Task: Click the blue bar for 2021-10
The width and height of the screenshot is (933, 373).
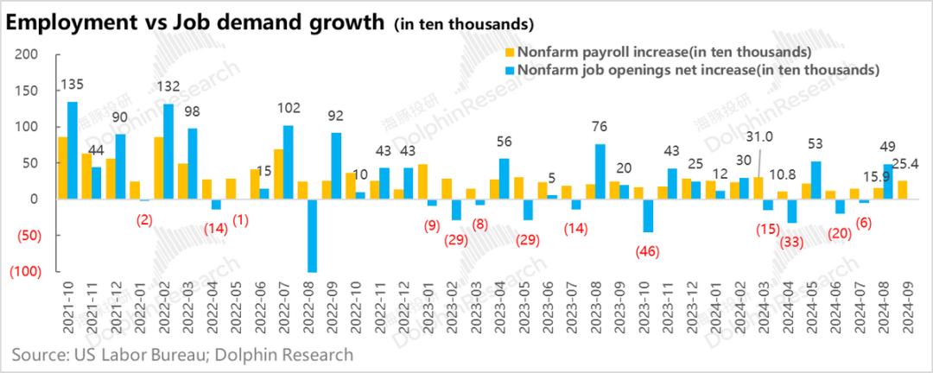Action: [73, 150]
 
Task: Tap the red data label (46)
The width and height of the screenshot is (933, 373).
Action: [646, 251]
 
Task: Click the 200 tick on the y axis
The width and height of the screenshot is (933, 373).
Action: [29, 54]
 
